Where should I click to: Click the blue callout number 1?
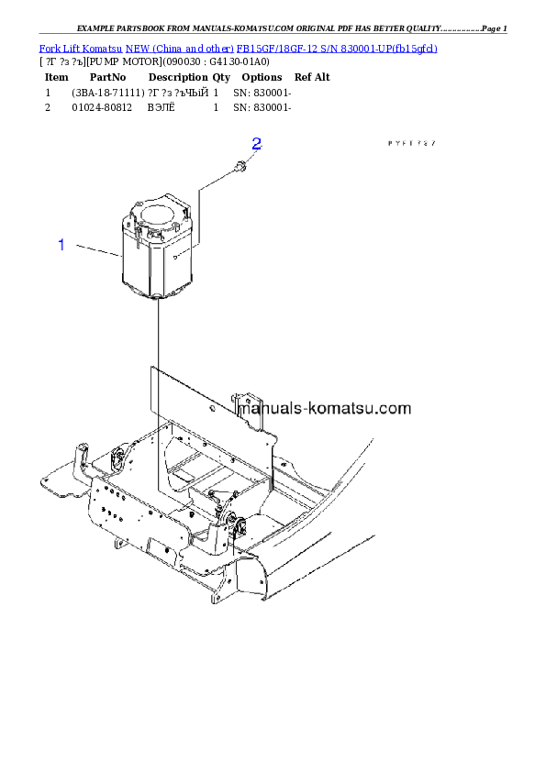(61, 245)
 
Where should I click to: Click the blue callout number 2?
(257, 144)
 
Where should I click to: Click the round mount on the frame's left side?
(117, 458)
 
